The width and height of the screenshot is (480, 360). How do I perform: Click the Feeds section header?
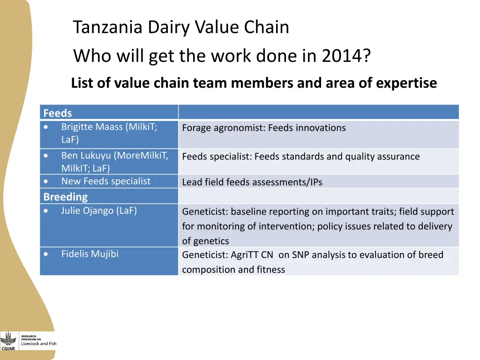[58, 113]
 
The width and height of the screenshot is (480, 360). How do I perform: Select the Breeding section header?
[65, 197]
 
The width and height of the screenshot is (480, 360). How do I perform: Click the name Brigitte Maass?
[92, 127]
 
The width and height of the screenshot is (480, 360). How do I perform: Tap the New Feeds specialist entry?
[105, 181]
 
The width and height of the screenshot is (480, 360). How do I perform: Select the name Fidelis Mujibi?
[90, 254]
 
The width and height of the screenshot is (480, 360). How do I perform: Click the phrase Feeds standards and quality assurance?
[337, 157]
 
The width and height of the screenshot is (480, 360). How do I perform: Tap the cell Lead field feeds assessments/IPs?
[252, 182]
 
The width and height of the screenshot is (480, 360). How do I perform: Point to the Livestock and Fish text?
[38, 344]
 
